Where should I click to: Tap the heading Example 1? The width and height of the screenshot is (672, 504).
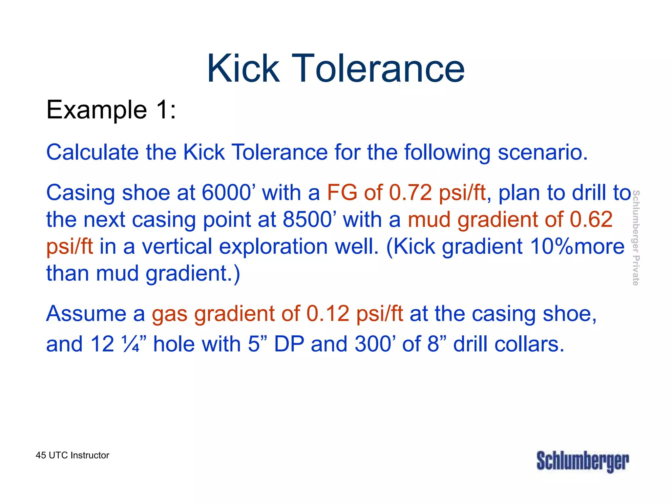[x=111, y=110]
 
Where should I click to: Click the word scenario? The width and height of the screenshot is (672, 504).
[x=543, y=152]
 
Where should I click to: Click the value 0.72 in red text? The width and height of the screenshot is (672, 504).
[x=410, y=192]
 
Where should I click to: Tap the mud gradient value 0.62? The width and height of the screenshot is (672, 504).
[x=591, y=219]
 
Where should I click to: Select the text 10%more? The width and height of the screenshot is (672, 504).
[x=577, y=246]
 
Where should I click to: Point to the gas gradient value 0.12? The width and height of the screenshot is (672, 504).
[x=327, y=313]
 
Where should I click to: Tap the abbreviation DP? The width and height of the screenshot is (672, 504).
[x=289, y=344]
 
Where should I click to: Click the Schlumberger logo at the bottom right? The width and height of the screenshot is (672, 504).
[x=583, y=461]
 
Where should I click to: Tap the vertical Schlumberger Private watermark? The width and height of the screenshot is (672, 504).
[x=636, y=238]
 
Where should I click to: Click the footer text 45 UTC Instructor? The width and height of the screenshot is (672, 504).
[x=73, y=455]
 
